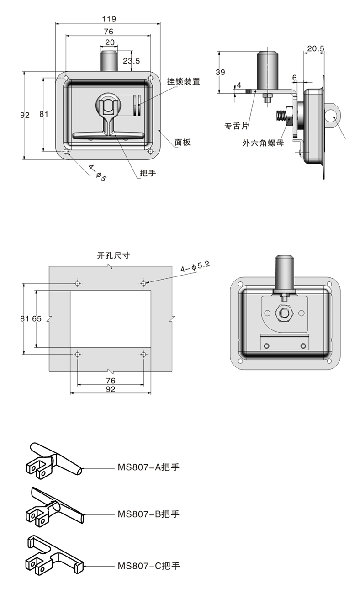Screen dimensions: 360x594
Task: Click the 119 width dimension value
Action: [x=109, y=19]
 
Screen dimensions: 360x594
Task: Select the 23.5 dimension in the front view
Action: [x=131, y=61]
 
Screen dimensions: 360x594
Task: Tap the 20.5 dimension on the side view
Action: [x=316, y=48]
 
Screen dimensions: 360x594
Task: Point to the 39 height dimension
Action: [x=220, y=72]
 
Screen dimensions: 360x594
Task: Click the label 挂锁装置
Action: [x=183, y=81]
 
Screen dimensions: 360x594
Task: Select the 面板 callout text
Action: [x=182, y=143]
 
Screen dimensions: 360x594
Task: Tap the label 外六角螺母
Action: [x=263, y=143]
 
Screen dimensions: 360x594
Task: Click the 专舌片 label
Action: [x=237, y=126]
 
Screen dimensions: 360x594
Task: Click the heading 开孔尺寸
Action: [x=113, y=255]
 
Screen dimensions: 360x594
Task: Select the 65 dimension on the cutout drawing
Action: [x=37, y=318]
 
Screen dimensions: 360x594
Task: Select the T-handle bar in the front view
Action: [x=108, y=136]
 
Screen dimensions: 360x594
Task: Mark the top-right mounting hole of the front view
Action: [x=151, y=78]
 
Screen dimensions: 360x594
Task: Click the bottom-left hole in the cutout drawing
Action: [x=77, y=354]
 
